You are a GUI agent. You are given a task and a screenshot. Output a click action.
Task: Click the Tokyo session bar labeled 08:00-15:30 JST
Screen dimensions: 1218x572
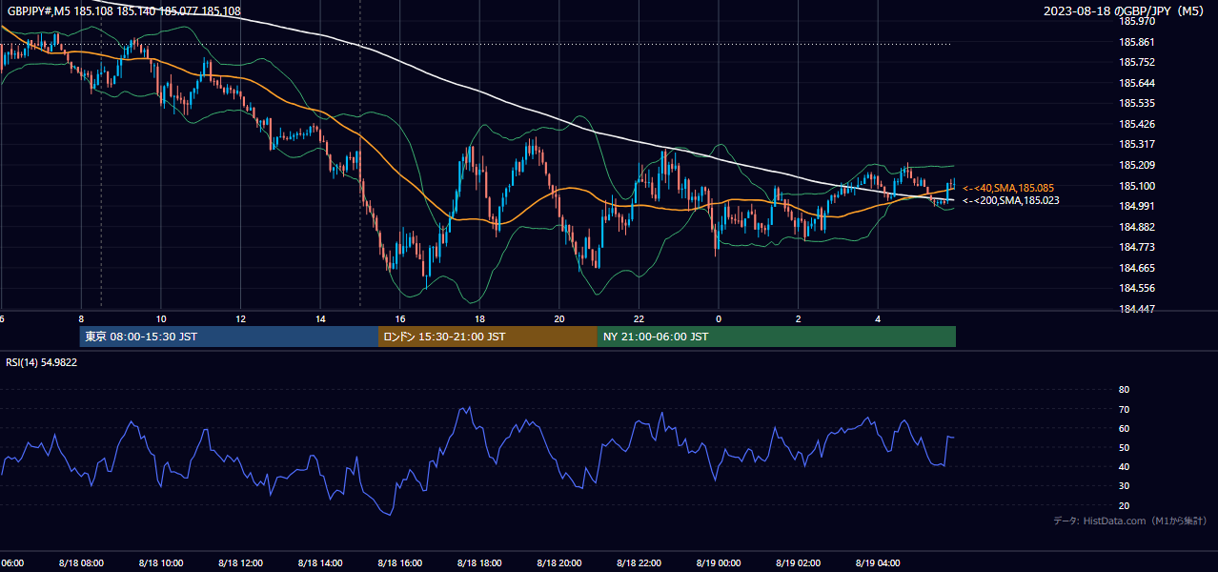click(229, 337)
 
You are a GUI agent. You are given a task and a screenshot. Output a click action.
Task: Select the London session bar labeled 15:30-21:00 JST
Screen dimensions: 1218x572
click(488, 337)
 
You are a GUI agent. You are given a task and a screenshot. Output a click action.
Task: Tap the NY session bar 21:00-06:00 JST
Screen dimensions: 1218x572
click(777, 337)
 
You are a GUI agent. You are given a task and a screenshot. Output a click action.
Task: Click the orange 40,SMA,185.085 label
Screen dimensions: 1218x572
click(1008, 188)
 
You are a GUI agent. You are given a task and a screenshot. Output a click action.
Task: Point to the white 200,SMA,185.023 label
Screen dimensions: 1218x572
click(1011, 200)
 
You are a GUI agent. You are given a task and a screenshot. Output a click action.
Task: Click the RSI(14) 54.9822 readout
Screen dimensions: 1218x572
click(41, 362)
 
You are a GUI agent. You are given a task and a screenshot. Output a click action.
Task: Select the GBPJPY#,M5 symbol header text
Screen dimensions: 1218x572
click(39, 10)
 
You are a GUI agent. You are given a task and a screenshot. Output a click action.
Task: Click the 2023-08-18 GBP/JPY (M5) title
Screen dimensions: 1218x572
click(1124, 10)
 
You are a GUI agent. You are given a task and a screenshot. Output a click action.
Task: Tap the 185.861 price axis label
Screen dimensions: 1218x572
click(1136, 42)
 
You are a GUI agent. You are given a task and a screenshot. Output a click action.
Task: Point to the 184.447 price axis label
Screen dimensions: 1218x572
click(1136, 310)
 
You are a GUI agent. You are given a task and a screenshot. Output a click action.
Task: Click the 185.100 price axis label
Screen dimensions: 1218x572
click(1136, 186)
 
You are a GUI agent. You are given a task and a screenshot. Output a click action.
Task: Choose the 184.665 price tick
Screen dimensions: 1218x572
click(1136, 268)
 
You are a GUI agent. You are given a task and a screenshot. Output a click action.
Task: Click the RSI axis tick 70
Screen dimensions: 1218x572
click(1124, 409)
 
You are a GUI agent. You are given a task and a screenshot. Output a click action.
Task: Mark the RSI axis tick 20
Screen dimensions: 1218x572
click(1124, 505)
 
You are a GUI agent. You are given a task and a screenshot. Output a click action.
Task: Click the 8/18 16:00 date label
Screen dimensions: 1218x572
click(399, 563)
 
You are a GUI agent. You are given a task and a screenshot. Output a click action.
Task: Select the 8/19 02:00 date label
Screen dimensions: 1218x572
click(798, 563)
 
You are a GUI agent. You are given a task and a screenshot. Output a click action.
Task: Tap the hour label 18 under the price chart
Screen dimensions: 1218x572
click(479, 319)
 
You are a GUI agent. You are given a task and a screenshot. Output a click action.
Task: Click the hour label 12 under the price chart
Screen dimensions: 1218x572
click(240, 319)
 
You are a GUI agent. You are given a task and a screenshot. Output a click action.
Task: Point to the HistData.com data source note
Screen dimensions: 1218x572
click(1129, 521)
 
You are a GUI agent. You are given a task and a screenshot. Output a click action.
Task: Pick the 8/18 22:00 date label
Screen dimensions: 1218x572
click(639, 563)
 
